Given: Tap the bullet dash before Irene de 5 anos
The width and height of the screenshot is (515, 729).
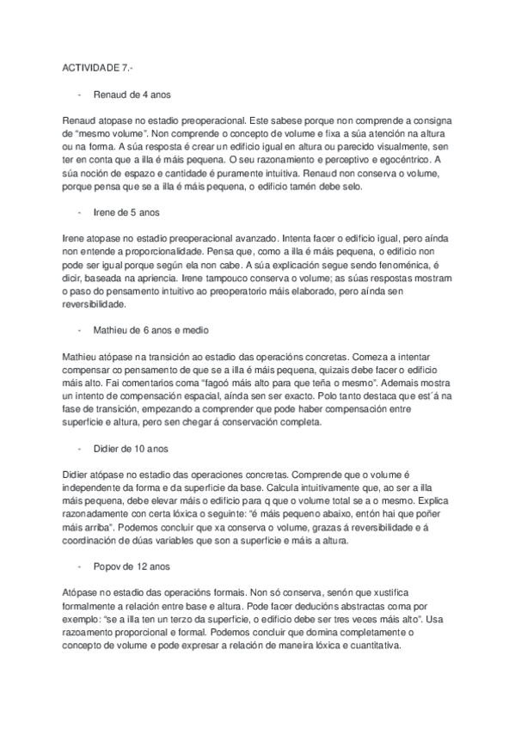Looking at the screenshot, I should pos(78,211).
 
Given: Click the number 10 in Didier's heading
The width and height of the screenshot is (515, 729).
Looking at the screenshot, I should pos(142,448).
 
